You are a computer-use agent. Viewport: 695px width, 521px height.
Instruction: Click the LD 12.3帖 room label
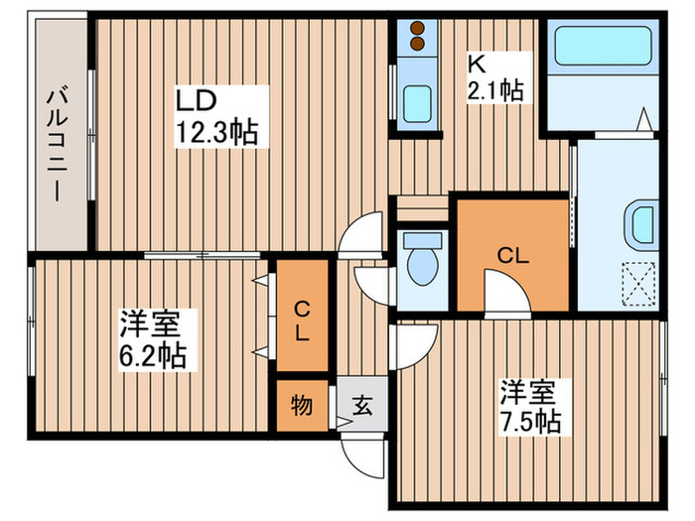(216, 116)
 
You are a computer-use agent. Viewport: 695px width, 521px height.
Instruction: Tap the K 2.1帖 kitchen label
(493, 76)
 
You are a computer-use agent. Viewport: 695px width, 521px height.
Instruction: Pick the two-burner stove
(416, 39)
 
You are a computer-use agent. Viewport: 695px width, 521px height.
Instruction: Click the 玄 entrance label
(361, 405)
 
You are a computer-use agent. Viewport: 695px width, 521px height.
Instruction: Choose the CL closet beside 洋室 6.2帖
(301, 321)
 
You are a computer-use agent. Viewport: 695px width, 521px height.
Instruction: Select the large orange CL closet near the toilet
(511, 255)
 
